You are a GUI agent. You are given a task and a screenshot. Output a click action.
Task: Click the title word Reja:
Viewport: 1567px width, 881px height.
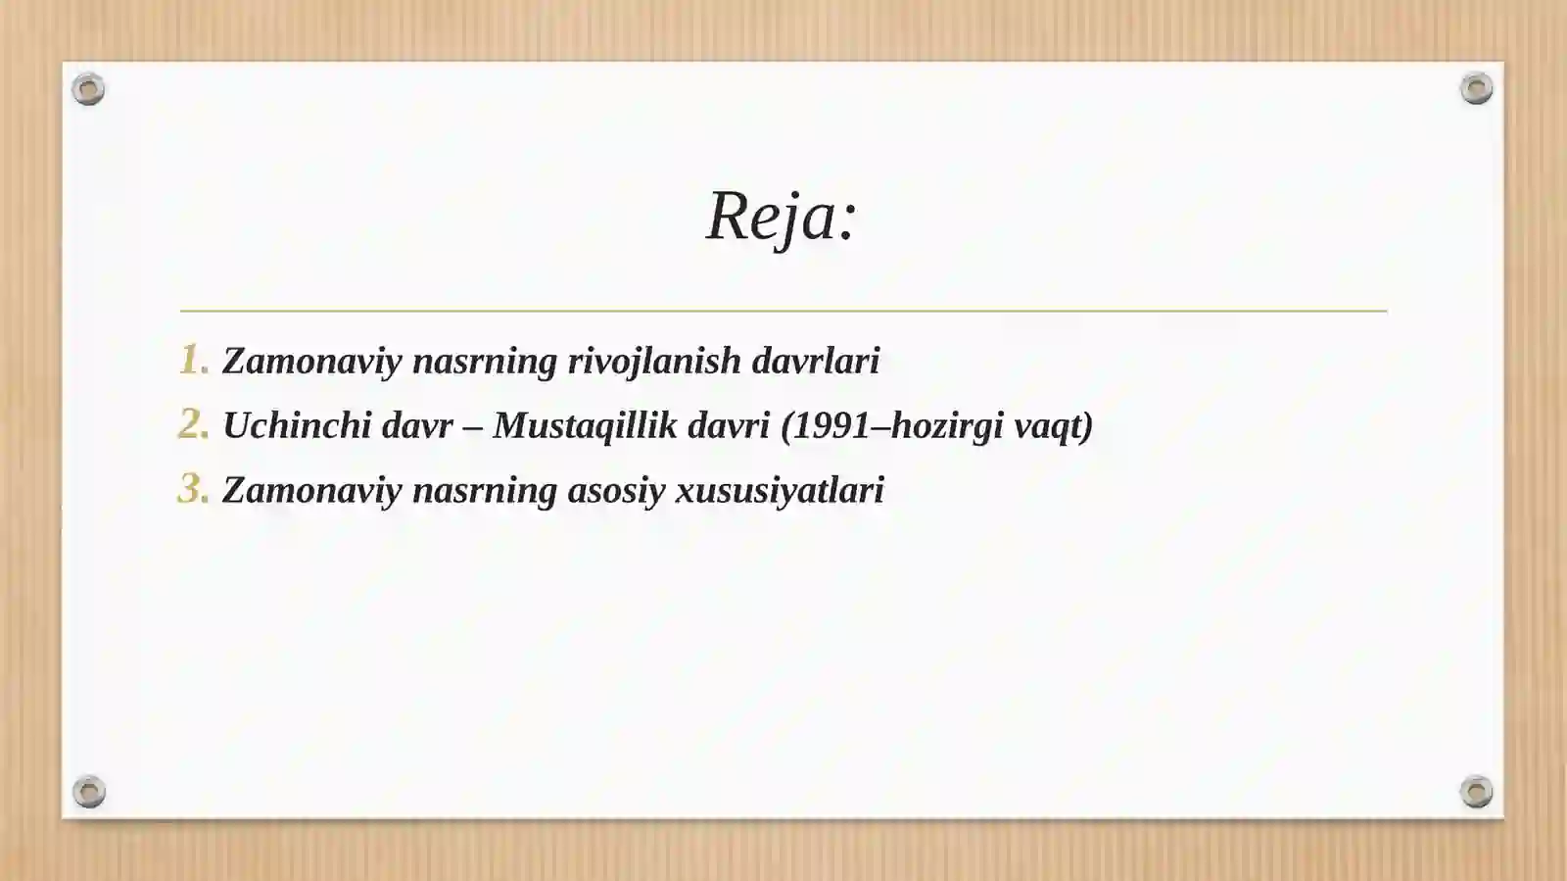782,217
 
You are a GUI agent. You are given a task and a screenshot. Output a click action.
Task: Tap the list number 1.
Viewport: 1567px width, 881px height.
193,360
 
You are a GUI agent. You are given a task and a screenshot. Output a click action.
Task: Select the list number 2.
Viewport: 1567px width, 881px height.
193,424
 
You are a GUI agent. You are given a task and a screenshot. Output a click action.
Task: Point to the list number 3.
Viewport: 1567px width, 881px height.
193,489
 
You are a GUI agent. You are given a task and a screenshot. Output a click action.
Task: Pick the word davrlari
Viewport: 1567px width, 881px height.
815,361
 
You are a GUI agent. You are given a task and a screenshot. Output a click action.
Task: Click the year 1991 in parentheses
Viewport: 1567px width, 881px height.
831,425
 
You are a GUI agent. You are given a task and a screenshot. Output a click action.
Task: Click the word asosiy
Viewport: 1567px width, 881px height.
616,490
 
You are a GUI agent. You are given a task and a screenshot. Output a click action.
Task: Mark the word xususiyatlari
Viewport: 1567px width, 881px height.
780,490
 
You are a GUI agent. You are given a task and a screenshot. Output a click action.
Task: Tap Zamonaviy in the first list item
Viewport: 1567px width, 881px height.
311,361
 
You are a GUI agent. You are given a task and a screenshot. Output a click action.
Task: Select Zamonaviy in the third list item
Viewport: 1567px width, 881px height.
311,490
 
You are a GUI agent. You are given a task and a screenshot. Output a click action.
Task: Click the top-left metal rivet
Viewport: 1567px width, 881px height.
88,89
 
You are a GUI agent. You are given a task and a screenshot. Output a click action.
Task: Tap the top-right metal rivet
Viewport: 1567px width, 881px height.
1476,89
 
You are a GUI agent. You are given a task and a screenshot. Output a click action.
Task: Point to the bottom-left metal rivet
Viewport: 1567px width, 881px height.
88,791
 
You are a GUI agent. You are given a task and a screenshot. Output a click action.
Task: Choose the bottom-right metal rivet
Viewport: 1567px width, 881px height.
1476,791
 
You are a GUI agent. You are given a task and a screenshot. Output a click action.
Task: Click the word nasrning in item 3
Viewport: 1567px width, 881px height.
485,490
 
